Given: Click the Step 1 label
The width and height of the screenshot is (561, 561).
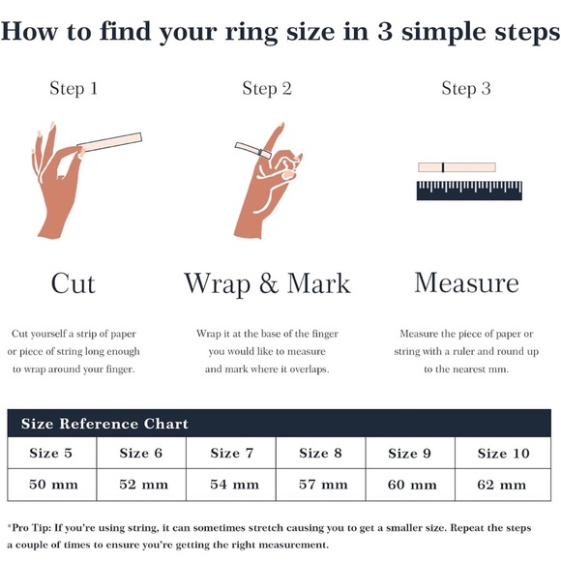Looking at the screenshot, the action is (x=74, y=89).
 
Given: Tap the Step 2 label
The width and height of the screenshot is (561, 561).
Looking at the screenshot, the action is (x=267, y=89).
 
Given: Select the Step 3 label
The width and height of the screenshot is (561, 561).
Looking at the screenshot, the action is (x=466, y=89).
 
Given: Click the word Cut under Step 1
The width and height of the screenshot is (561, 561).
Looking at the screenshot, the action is (x=74, y=283).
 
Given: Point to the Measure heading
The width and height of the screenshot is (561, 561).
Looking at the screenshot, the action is (x=466, y=283).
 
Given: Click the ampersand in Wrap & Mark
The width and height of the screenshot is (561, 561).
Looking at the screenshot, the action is (x=269, y=283).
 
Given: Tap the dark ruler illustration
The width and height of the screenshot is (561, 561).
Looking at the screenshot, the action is (x=469, y=191).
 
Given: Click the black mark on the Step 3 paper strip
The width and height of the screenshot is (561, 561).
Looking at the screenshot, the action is (x=443, y=167).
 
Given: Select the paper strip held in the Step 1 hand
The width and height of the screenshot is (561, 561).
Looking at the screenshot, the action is (x=109, y=141).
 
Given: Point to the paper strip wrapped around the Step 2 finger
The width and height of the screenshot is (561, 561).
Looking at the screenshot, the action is (x=253, y=150).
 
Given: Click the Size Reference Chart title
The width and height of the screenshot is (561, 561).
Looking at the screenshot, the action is (x=104, y=424).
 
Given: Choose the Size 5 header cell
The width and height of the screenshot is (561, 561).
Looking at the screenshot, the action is (x=52, y=453).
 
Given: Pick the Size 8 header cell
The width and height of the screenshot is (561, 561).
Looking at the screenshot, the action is (x=320, y=453).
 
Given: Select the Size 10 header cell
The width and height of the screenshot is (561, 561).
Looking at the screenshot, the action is (x=503, y=453).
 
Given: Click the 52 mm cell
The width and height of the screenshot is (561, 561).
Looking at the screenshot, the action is (x=141, y=485).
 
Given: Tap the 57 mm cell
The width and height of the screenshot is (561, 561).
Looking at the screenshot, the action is (x=320, y=485).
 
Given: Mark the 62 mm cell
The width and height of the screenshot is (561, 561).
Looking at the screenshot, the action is (x=503, y=485).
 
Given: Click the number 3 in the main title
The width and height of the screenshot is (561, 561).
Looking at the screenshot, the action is (x=385, y=32).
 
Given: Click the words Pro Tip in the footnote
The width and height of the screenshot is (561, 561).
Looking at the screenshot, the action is (x=30, y=528).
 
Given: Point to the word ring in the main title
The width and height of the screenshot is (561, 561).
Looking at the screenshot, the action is (x=251, y=33).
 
